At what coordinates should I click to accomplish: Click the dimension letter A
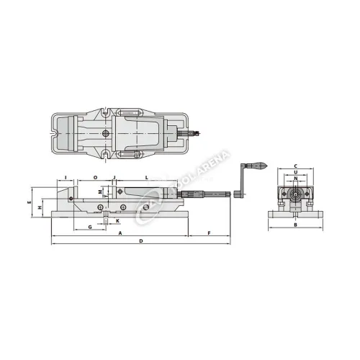[x=119, y=233]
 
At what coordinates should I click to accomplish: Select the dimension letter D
[x=141, y=240]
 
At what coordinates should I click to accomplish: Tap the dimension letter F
[x=209, y=233]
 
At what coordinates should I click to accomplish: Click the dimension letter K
[x=118, y=221]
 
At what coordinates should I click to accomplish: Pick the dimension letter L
[x=146, y=176]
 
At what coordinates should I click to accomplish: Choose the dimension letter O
[x=96, y=176]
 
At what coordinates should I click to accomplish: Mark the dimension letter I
[x=66, y=176]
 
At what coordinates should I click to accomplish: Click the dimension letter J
[x=114, y=176]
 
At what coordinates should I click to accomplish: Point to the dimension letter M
[x=100, y=191]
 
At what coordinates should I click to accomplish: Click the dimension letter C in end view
[x=295, y=166]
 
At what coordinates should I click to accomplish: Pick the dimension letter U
[x=295, y=173]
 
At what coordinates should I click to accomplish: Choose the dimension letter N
[x=295, y=179]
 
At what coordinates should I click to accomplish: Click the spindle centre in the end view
[x=295, y=193]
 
